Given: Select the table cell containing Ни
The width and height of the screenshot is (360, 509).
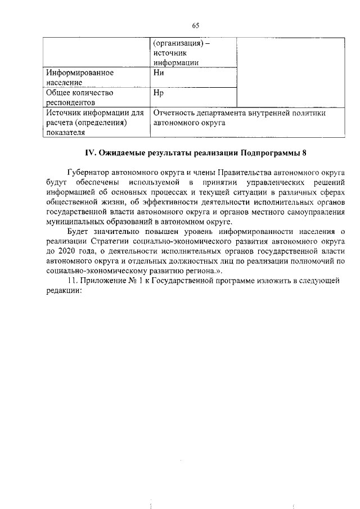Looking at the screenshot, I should coord(192,77).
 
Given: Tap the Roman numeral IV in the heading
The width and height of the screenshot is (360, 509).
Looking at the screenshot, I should coord(89,152).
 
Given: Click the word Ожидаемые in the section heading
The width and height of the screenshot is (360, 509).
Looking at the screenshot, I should coord(122,152).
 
